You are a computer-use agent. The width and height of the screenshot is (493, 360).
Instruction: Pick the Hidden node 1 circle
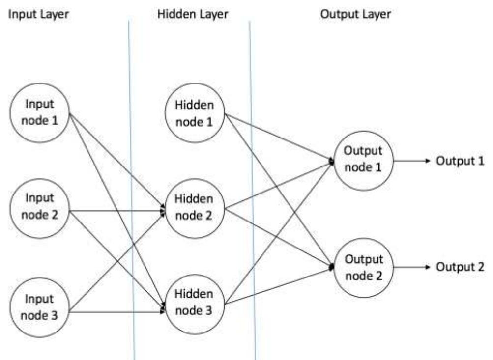195,113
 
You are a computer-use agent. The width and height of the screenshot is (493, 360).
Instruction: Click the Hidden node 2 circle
195,207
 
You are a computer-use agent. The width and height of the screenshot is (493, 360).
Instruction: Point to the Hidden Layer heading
193,14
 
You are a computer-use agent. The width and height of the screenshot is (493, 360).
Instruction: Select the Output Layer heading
355,14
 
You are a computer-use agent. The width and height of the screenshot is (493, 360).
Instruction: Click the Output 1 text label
461,161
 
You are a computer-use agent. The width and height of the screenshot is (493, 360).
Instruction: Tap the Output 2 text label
461,268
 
